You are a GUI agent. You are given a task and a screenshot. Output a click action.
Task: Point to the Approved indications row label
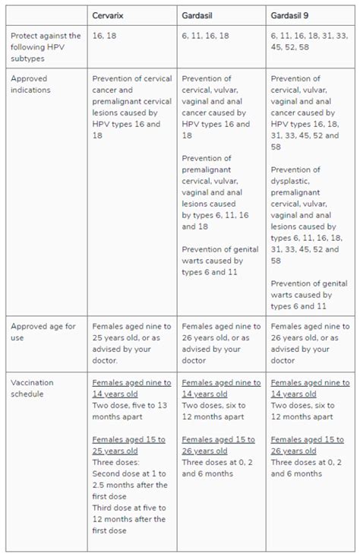[31, 84]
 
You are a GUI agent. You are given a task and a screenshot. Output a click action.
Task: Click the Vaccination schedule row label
[32, 389]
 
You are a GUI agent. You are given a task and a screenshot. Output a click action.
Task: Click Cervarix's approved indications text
[131, 101]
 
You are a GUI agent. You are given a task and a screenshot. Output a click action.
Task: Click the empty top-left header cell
[45, 15]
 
